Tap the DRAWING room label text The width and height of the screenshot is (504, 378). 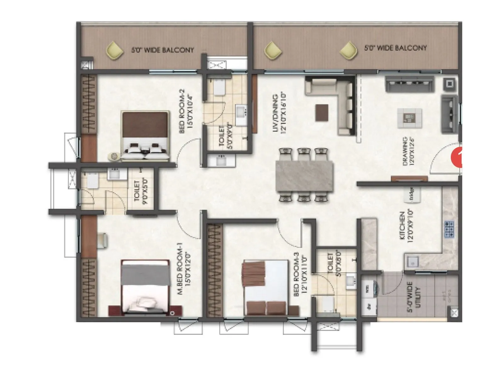click(x=409, y=151)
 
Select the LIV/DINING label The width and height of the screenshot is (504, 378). click(x=279, y=112)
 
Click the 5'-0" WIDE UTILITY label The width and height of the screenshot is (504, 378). click(x=414, y=297)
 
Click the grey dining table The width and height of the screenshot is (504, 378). click(x=304, y=176)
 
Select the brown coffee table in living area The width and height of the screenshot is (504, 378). click(x=321, y=112)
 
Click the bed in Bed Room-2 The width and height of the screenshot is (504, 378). click(x=145, y=135)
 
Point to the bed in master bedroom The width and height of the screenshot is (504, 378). click(x=145, y=287)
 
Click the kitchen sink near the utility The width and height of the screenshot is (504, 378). click(x=411, y=262)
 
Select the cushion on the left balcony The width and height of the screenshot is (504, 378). click(x=115, y=51)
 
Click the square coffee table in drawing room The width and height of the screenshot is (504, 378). click(x=409, y=118)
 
